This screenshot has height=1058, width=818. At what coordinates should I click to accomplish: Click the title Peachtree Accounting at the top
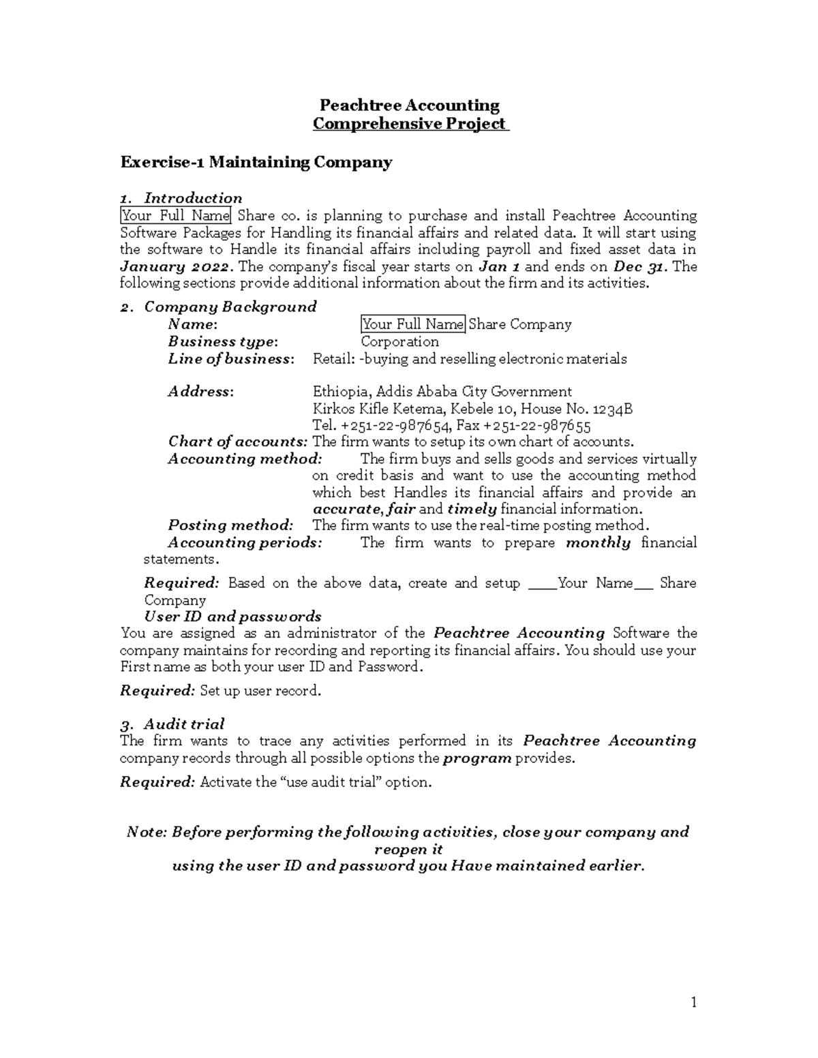tap(410, 106)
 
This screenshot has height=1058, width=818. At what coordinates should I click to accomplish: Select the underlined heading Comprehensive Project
tap(410, 124)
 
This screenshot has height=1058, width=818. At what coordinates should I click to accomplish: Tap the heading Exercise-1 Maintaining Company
tap(256, 162)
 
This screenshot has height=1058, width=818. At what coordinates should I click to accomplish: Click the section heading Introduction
tap(193, 198)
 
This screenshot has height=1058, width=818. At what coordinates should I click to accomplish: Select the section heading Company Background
tap(230, 307)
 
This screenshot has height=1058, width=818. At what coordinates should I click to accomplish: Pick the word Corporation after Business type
tap(399, 341)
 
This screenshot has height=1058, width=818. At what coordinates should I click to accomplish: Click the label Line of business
tap(231, 359)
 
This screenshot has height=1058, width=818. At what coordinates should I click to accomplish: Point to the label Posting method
tap(230, 525)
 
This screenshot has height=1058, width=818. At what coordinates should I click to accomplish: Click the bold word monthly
tap(598, 543)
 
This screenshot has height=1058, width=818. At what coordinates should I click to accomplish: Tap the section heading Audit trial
tap(183, 724)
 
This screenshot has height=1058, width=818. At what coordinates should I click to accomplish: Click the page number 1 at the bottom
tap(693, 1002)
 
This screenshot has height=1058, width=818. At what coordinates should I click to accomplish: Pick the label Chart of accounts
tap(237, 442)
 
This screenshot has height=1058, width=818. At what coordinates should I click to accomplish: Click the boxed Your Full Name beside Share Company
tap(412, 324)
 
